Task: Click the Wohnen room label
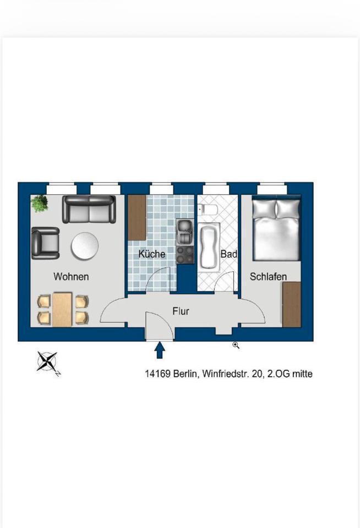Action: coord(71,277)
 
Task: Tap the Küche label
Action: coord(152,254)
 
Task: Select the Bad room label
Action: coord(229,254)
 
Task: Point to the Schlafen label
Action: coord(268,277)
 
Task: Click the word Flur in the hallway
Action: coord(181,311)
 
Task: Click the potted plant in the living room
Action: coord(40,203)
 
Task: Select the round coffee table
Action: coord(85,246)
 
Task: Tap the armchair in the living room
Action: coord(46,243)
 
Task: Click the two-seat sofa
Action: coord(89,210)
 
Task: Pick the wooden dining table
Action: coord(62,309)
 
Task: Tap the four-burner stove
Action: coord(185,255)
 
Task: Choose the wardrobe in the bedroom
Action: coord(292,304)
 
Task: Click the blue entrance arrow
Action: coord(160,350)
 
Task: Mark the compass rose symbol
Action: coord(47,362)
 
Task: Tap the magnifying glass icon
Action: coord(236,345)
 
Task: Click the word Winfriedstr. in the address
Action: coord(226,374)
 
